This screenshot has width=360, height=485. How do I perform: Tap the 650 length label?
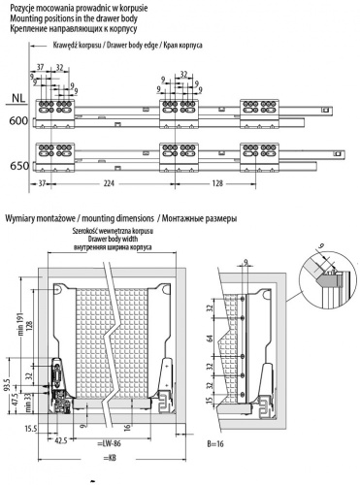pos(16,166)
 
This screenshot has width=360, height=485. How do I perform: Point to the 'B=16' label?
pos(218,441)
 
